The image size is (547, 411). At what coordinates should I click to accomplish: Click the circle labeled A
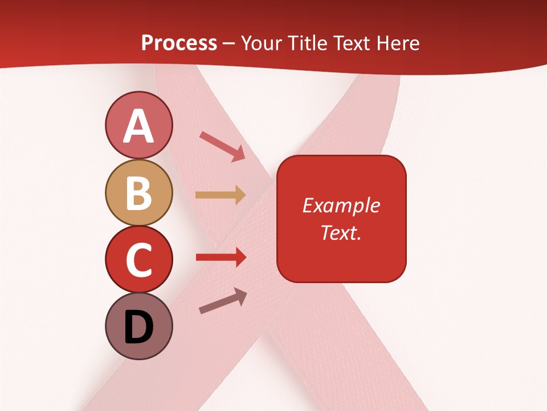click(x=138, y=125)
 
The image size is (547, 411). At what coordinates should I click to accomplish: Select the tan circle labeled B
click(x=138, y=192)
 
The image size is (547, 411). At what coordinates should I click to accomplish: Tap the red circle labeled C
click(x=138, y=259)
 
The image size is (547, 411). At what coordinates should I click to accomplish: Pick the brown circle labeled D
click(x=138, y=326)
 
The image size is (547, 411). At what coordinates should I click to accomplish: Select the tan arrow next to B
click(x=221, y=195)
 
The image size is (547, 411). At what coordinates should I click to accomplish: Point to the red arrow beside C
click(x=221, y=257)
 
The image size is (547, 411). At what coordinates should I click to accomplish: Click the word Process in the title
click(x=179, y=43)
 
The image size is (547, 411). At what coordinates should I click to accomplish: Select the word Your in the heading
click(x=262, y=43)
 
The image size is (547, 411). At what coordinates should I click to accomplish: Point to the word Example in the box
click(x=341, y=205)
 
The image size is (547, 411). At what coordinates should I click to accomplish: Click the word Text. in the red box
click(x=341, y=232)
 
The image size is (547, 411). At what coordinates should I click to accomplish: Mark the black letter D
click(x=138, y=328)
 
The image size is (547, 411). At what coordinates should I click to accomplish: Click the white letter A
click(x=138, y=126)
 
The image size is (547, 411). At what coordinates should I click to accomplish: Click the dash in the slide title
click(x=229, y=43)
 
